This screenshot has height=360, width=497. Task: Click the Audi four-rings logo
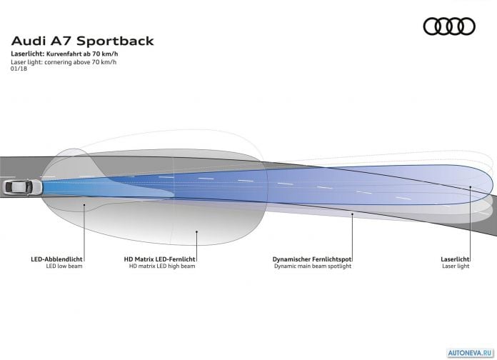(x=449, y=26)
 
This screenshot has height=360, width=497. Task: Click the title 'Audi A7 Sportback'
(x=82, y=41)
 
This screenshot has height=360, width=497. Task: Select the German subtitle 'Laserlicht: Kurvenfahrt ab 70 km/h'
(x=64, y=54)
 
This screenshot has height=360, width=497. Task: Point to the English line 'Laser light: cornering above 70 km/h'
(x=64, y=62)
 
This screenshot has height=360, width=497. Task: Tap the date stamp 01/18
(x=19, y=69)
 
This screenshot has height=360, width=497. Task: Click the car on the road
(x=22, y=187)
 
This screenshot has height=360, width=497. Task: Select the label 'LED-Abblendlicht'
(x=56, y=259)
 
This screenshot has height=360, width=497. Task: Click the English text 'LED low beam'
(x=64, y=266)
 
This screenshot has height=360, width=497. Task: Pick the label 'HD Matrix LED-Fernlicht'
(x=159, y=259)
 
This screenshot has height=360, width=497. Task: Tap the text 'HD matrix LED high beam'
(x=162, y=266)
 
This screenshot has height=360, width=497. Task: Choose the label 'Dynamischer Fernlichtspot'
(x=312, y=259)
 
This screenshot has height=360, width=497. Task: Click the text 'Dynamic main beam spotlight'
(x=313, y=266)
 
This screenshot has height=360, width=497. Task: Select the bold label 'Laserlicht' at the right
(x=455, y=259)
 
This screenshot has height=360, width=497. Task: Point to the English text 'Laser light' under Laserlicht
(x=456, y=266)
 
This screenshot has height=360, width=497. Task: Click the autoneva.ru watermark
(x=471, y=353)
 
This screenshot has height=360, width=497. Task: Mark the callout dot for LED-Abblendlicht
(x=84, y=205)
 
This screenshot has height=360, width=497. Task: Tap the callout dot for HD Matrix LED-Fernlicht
(x=196, y=232)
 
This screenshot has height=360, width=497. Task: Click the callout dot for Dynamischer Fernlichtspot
(x=352, y=214)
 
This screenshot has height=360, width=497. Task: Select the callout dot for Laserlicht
(x=471, y=187)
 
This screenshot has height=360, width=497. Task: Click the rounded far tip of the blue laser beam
(x=493, y=185)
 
